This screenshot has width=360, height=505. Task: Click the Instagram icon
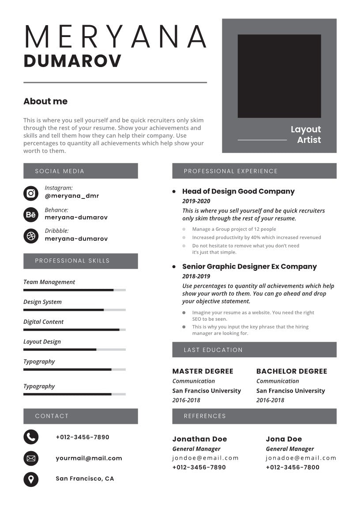(31, 193)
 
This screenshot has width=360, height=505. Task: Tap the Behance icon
(31, 215)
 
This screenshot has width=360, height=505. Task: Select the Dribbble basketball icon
(31, 236)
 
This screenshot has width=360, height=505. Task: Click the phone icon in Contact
(31, 437)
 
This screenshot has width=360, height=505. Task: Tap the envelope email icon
(31, 458)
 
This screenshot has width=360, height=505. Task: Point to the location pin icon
(31, 479)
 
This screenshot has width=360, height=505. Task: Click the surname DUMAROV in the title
(72, 61)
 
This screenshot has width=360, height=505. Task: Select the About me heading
(45, 101)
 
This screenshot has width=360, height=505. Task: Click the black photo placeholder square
(279, 76)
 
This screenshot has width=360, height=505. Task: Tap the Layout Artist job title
(306, 135)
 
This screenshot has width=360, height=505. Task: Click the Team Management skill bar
(74, 290)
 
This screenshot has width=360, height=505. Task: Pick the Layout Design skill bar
(74, 349)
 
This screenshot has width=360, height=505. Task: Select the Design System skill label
(42, 302)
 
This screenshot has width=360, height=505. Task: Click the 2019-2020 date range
(196, 201)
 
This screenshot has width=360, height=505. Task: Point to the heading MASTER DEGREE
(203, 371)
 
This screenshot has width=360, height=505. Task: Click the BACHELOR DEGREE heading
(292, 371)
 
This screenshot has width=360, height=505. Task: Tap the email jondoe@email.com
(206, 458)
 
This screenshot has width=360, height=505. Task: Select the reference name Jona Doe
(284, 439)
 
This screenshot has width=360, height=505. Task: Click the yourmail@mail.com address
(89, 458)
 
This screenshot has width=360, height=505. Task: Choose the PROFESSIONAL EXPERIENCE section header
(231, 171)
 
